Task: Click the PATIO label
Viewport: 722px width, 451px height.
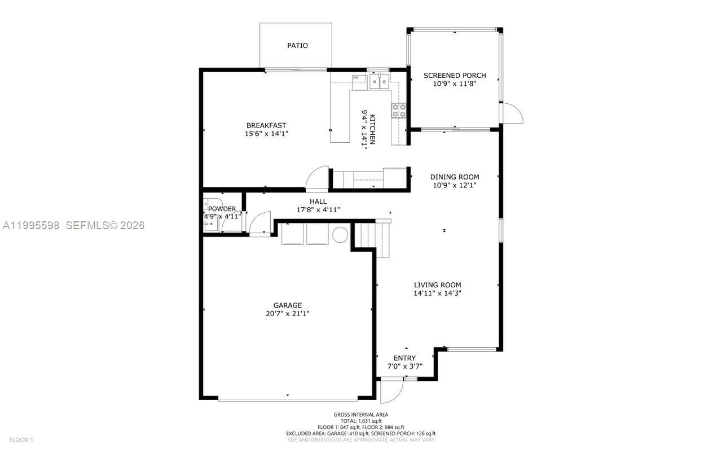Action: pos(297,45)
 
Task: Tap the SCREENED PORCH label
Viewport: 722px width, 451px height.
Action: pos(455,75)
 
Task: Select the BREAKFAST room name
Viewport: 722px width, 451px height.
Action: pos(266,125)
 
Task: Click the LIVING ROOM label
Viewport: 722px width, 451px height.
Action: pos(438,285)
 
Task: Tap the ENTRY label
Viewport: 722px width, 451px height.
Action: pos(404,358)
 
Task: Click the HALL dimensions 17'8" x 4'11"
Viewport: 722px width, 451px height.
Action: pos(318,210)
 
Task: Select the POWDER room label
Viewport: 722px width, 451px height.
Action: pos(222,209)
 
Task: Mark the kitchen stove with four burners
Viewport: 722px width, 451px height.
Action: pos(399,110)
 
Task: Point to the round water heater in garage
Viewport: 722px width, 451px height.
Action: pos(340,234)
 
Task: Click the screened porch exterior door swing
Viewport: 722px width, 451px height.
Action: pos(513,114)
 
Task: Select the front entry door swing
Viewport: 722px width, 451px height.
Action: pos(390,391)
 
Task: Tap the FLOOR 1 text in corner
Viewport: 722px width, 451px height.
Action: pos(22,440)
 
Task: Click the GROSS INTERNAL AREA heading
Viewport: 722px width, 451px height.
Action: pos(361,414)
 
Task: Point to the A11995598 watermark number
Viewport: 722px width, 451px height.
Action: pos(31,225)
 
